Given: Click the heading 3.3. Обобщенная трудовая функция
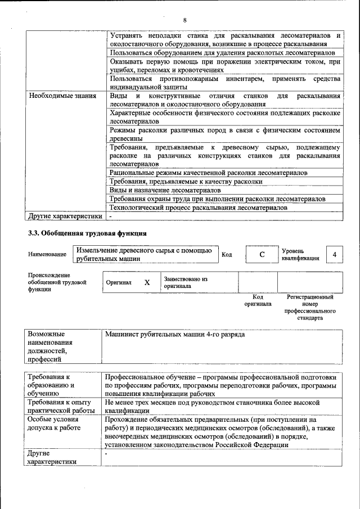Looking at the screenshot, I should [x=87, y=232].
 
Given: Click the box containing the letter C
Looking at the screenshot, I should [x=262, y=255].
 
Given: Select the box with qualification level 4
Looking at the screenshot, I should [x=334, y=255].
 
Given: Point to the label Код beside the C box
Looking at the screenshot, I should [x=227, y=255].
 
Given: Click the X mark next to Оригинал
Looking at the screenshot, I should [x=147, y=282].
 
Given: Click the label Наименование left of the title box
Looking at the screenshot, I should [x=47, y=255].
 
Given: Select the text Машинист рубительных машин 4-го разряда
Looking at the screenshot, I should [x=175, y=334].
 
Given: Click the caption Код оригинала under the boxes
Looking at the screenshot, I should [x=258, y=300].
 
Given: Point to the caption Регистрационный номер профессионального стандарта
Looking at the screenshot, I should [x=310, y=307].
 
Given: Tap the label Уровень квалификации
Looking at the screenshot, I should [x=300, y=254].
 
